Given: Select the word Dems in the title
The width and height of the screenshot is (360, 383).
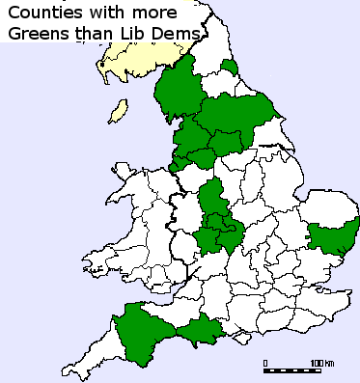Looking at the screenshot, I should [182, 36].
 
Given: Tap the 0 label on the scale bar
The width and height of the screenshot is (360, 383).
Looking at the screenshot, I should [265, 363].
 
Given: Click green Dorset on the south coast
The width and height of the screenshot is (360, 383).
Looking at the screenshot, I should [201, 334].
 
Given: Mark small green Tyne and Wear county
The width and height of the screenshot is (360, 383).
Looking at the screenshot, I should [230, 66].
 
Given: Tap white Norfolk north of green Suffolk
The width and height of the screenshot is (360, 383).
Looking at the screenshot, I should [328, 204].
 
